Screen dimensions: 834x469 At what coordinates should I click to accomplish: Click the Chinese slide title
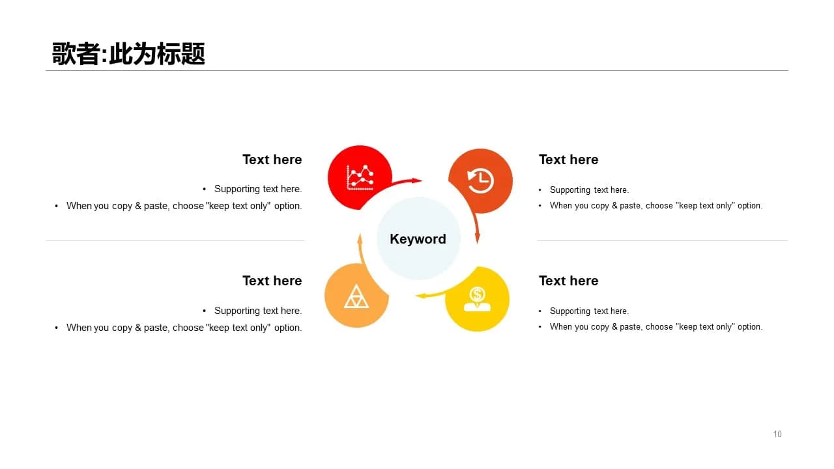coord(128,53)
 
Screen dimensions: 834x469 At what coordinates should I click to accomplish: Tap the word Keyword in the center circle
coord(418,239)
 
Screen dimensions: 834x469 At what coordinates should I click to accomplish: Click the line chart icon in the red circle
coord(360,178)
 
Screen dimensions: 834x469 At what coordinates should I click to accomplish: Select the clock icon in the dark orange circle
coord(480,181)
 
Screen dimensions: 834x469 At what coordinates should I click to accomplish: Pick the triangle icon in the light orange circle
coord(356,296)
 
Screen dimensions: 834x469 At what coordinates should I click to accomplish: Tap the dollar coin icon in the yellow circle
coord(477,299)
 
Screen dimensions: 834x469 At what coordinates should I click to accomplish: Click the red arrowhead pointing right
coord(416,181)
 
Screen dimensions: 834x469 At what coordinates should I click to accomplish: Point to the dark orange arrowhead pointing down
coord(478,238)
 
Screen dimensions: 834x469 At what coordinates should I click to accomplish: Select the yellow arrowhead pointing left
coord(421,296)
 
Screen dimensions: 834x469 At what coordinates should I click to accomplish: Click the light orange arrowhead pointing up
coord(360,238)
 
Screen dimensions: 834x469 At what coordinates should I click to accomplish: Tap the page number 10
coord(777,434)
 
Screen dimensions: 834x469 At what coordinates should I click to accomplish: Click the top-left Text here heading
coord(272,160)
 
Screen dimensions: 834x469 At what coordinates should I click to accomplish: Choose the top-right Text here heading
coord(569,160)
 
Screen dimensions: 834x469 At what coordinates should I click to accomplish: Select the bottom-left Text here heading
coord(272,281)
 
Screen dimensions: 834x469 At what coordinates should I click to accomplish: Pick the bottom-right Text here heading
coord(569,281)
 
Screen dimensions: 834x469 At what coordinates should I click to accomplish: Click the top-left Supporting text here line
coord(258,189)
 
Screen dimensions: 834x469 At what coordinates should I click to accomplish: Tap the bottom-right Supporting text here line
coord(590,311)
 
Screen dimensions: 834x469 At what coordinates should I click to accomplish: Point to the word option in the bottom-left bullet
coord(288,328)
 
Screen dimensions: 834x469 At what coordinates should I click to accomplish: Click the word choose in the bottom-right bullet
coord(659,327)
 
